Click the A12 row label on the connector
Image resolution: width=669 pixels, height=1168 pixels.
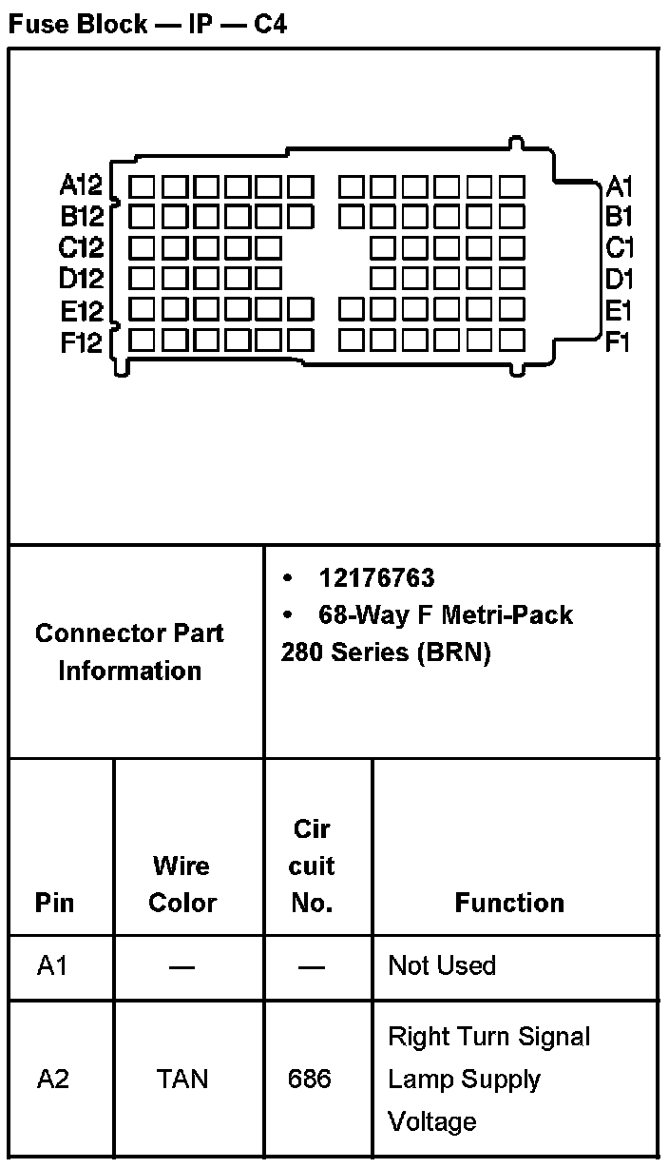coord(81,185)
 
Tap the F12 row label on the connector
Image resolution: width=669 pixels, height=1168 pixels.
coord(81,342)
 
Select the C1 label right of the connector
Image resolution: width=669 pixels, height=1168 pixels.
coord(620,248)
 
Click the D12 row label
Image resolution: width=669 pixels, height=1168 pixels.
coord(81,280)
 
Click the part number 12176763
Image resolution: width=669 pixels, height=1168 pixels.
coord(376,578)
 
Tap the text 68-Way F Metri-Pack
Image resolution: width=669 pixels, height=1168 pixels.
coord(446,615)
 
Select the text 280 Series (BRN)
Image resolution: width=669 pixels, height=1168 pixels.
coord(386,654)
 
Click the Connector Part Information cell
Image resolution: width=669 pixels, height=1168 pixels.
coord(130,652)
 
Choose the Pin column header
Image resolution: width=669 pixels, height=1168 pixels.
coord(54,902)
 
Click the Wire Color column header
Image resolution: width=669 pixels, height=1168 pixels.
coord(182,885)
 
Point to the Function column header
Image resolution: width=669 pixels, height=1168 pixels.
coord(509,902)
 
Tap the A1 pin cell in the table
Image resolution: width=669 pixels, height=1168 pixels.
coord(53,966)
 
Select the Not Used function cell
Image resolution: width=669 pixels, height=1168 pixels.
coord(442,966)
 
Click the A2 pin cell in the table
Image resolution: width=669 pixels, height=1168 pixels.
coord(53,1080)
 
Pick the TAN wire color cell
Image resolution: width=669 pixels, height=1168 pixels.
coord(182,1080)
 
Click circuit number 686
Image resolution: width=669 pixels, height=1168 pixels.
coord(310,1080)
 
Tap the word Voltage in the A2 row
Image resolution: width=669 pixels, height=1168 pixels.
coord(431,1121)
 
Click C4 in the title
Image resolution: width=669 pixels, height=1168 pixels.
coord(270,24)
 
